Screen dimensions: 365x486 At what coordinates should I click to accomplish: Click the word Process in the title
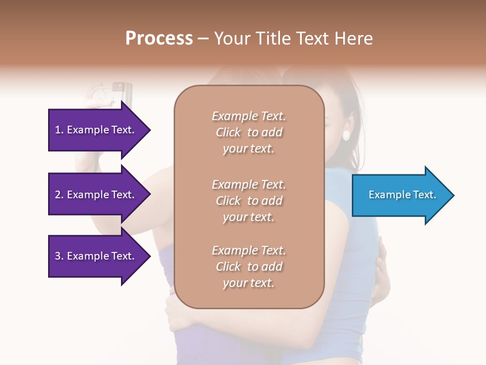point(159,39)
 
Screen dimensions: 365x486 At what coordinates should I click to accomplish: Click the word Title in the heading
point(272,39)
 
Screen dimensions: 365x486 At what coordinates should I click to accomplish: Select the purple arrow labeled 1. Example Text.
point(96,130)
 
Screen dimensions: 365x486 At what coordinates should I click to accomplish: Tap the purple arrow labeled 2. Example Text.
point(96,195)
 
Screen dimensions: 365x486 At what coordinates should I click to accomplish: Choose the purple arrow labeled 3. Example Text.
point(96,257)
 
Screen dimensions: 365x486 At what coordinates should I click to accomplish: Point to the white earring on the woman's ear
point(347,135)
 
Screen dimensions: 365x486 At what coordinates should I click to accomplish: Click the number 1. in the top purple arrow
point(59,130)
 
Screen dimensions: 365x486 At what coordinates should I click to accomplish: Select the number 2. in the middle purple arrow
point(59,195)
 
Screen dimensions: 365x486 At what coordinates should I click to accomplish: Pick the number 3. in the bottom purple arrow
point(59,257)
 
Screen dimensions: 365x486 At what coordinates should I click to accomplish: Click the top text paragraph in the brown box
point(249,132)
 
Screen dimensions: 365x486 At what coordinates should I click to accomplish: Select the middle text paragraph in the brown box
point(249,201)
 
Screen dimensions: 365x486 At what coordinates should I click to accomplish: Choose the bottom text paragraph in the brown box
point(249,267)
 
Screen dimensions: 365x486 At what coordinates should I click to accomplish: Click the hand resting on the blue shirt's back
point(382,269)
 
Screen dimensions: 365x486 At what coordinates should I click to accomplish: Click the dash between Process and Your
point(203,39)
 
